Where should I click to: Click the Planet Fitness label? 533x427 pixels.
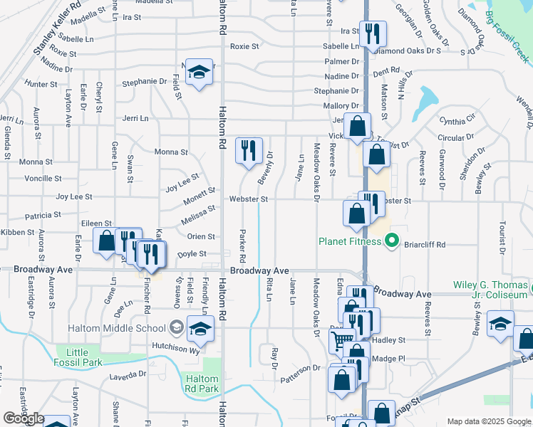[350, 241]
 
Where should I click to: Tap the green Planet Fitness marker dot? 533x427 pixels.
[390, 241]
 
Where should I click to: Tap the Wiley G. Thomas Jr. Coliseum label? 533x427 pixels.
[491, 290]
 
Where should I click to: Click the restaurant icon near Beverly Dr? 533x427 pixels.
[249, 151]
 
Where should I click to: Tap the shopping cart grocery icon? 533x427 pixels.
[343, 339]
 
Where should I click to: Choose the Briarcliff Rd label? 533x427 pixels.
[425, 245]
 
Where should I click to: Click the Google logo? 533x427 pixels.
[24, 418]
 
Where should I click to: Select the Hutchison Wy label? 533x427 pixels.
[168, 346]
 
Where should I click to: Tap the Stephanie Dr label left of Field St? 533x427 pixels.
[143, 81]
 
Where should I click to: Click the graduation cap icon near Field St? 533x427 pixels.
[200, 72]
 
